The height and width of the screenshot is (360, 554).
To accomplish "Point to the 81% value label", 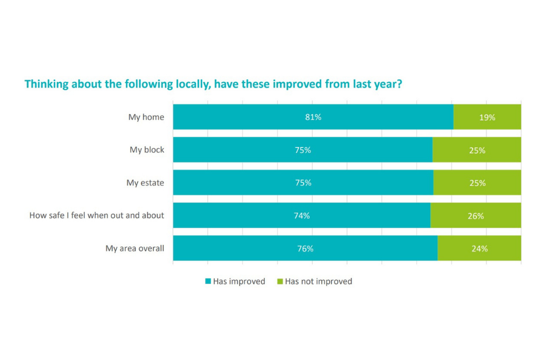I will [313, 117].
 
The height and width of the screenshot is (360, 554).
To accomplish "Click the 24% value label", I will [479, 249].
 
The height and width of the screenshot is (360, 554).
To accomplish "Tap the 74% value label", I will [302, 216].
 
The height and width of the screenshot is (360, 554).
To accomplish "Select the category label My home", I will [146, 117].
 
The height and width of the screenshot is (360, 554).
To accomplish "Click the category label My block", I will [147, 150].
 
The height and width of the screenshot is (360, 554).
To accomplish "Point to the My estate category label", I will [145, 183].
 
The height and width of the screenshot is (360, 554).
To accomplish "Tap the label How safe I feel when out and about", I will [97, 215].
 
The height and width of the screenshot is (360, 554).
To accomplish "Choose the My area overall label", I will [135, 249].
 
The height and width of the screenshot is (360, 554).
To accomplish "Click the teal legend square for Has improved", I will [208, 281].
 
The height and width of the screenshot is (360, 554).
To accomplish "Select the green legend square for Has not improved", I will [280, 281].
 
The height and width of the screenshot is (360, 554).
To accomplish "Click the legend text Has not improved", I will [319, 281].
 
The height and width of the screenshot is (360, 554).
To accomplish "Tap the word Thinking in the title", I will [45, 85].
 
